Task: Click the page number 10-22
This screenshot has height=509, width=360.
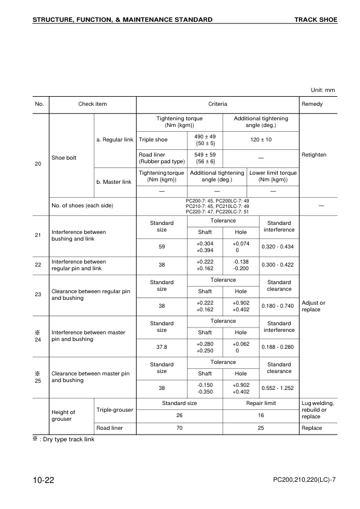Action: pos(44,480)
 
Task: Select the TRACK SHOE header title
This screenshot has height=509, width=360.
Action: pos(315,20)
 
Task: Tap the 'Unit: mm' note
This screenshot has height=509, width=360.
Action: pos(322,90)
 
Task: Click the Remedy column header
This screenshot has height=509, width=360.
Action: pos(312,104)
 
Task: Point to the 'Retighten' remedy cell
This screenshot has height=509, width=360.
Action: pos(313,155)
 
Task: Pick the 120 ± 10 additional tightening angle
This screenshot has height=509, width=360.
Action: pos(261,140)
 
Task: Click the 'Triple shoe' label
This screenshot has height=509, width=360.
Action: pos(154,140)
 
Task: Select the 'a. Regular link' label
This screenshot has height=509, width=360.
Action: pos(115,140)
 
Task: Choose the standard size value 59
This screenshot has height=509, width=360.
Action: pos(162,246)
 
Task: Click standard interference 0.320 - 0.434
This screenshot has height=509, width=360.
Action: pos(278,246)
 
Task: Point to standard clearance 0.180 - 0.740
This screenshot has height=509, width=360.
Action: pos(278,305)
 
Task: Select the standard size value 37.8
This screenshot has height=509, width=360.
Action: pos(162,347)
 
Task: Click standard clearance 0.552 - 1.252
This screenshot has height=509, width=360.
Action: pos(278,387)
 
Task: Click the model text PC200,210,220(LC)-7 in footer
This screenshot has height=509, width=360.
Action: pos(304,481)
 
